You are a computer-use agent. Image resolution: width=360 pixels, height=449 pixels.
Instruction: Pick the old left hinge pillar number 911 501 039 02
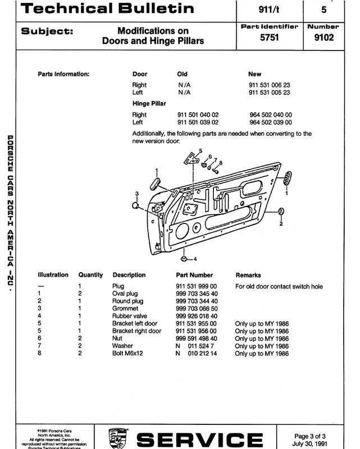coord(198,122)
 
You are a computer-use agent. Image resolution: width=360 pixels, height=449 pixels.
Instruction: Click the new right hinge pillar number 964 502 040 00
coord(271,114)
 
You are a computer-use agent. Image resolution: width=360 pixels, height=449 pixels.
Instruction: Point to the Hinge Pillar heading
coord(149,104)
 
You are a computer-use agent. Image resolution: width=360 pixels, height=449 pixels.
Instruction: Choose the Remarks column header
coord(248,275)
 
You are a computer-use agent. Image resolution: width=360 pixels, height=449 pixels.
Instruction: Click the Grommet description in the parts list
coord(126,309)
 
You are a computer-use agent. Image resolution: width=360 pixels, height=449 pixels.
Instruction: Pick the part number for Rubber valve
coord(196,316)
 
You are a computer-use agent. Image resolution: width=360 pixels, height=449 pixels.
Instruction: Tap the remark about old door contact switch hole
coord(279,286)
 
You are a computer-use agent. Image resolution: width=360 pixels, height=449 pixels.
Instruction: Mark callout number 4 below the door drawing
coord(195,259)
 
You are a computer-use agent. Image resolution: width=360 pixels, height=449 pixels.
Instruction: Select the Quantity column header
coord(90,275)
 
